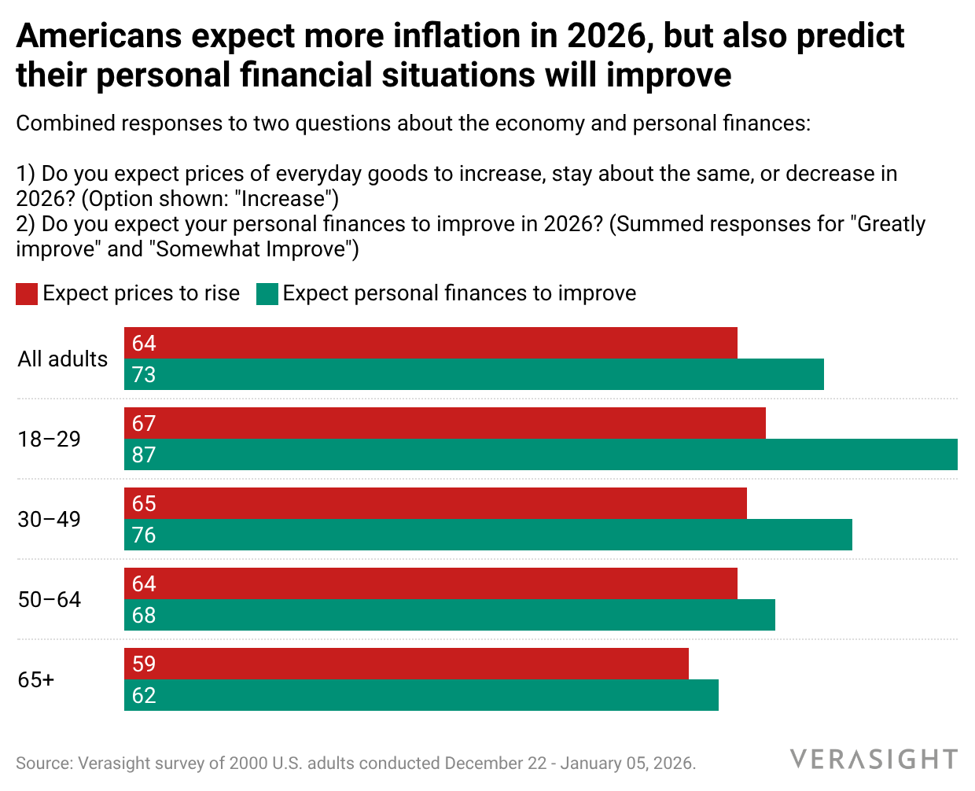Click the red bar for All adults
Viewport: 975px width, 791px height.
click(431, 343)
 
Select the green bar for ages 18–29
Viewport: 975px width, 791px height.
click(541, 454)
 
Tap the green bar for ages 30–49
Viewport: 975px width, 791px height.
click(488, 535)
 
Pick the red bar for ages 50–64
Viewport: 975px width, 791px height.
click(431, 583)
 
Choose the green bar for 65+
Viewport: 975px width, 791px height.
click(421, 695)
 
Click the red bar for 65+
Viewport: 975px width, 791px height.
click(407, 664)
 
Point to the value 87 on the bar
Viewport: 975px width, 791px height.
click(144, 454)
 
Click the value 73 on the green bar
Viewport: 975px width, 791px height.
click(144, 374)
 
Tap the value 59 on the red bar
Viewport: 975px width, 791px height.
click(144, 664)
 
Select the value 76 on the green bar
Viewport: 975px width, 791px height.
click(144, 535)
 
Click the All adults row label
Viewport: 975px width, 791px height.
click(63, 359)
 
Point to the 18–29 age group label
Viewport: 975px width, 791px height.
click(50, 439)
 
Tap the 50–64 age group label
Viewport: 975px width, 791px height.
click(50, 599)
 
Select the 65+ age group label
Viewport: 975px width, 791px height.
click(36, 679)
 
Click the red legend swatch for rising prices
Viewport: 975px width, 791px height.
click(27, 294)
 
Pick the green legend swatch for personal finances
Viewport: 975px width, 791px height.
click(267, 294)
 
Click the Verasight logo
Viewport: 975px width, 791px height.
click(874, 760)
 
